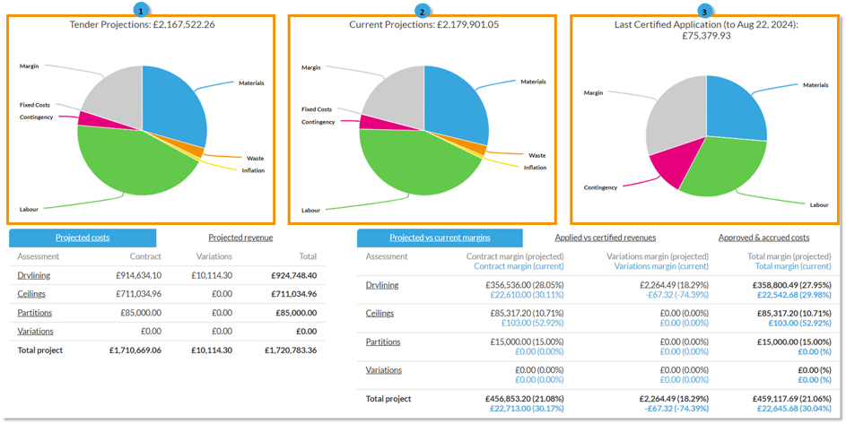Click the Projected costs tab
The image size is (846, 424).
click(83, 238)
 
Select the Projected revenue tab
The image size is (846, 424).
click(240, 238)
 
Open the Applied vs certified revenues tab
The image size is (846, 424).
click(606, 238)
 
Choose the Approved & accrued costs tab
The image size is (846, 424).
click(763, 238)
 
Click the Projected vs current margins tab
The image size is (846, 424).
click(440, 238)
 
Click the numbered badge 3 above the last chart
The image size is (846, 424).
click(705, 11)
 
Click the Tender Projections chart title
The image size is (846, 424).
click(142, 24)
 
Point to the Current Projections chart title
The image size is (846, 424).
click(423, 24)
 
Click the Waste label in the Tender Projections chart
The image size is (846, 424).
click(254, 158)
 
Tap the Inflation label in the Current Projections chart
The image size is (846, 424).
click(535, 168)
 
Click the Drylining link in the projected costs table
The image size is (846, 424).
click(33, 275)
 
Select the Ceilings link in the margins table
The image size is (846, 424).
click(381, 313)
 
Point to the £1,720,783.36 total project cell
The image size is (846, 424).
click(291, 350)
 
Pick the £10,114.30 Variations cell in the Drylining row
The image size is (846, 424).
click(211, 275)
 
